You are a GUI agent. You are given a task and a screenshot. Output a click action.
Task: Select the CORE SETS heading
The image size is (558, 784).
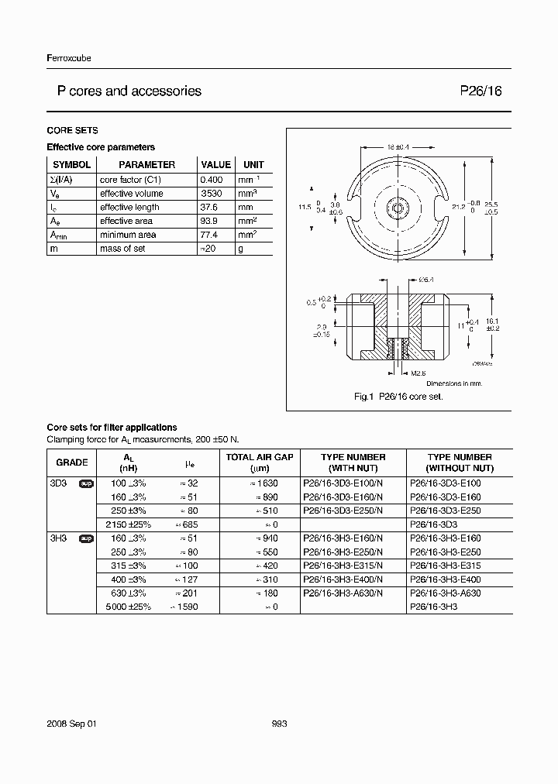coord(72,130)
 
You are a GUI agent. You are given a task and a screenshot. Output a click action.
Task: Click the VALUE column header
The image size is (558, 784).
coord(216,164)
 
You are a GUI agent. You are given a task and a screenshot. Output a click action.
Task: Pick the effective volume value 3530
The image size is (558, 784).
coord(212,193)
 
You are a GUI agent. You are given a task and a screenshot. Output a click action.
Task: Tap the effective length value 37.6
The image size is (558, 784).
coord(211,207)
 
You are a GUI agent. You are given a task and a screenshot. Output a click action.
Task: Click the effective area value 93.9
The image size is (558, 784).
coord(211,221)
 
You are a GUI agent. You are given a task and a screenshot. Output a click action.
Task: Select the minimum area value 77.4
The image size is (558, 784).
coord(211,235)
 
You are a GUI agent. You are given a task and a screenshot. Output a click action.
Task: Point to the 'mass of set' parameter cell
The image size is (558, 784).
coord(122,249)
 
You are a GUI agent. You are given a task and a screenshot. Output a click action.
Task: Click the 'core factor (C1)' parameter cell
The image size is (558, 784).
coord(129,179)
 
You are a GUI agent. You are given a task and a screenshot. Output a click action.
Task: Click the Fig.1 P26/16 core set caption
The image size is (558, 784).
coord(398,396)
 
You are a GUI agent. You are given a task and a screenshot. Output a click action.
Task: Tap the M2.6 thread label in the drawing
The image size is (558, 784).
coord(418,373)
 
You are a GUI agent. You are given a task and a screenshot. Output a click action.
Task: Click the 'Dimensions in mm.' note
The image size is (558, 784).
coord(453,383)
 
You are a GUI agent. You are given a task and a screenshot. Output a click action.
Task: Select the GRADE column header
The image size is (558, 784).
coord(72,462)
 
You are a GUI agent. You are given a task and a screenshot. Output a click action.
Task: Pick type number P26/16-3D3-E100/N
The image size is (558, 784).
coord(342,483)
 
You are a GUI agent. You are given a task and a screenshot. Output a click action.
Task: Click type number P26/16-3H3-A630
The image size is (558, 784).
coord(449,593)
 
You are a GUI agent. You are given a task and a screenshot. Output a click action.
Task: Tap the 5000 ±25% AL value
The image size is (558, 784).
coord(129,607)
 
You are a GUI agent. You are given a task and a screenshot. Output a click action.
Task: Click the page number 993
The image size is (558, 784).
coord(280,723)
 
